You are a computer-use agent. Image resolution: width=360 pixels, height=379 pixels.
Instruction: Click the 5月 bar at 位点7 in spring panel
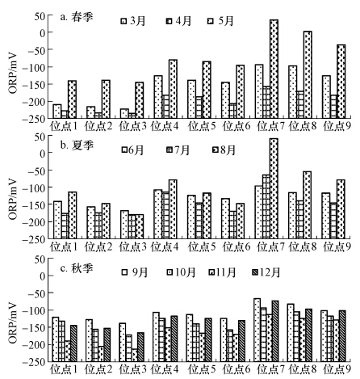[274, 69]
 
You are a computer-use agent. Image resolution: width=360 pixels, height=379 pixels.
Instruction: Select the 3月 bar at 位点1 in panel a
[57, 111]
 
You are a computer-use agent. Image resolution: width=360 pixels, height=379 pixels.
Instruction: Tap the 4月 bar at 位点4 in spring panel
[165, 107]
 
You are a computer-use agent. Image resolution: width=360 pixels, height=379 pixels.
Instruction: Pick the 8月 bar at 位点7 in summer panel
[274, 188]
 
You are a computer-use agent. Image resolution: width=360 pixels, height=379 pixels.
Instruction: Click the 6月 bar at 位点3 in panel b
[124, 225]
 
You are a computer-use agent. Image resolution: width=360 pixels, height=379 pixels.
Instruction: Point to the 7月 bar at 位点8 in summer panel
[300, 220]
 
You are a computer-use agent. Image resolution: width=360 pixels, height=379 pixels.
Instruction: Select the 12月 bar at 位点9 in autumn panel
[342, 336]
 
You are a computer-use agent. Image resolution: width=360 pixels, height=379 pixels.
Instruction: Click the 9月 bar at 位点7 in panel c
[257, 330]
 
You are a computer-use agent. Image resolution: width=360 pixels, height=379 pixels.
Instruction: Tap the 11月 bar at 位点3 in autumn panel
[134, 355]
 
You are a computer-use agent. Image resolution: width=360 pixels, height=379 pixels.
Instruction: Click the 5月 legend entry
[220, 21]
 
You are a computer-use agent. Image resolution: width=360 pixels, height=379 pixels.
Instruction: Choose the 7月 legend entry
[178, 149]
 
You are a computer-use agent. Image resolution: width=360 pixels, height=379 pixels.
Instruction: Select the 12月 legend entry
[266, 272]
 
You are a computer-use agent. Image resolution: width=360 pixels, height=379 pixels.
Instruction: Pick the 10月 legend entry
[181, 272]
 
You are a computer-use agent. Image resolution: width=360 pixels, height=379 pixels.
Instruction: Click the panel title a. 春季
[77, 17]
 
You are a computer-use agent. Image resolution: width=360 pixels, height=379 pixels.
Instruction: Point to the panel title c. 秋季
[77, 268]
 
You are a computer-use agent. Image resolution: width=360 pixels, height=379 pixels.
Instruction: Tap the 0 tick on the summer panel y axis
[41, 153]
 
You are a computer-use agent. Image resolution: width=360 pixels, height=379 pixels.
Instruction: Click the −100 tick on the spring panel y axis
[34, 67]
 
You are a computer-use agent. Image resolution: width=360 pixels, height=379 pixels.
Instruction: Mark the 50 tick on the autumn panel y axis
[38, 259]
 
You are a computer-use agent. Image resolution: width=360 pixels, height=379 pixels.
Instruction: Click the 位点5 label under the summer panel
[202, 246]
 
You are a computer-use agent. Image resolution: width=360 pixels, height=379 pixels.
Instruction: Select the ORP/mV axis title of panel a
[13, 73]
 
